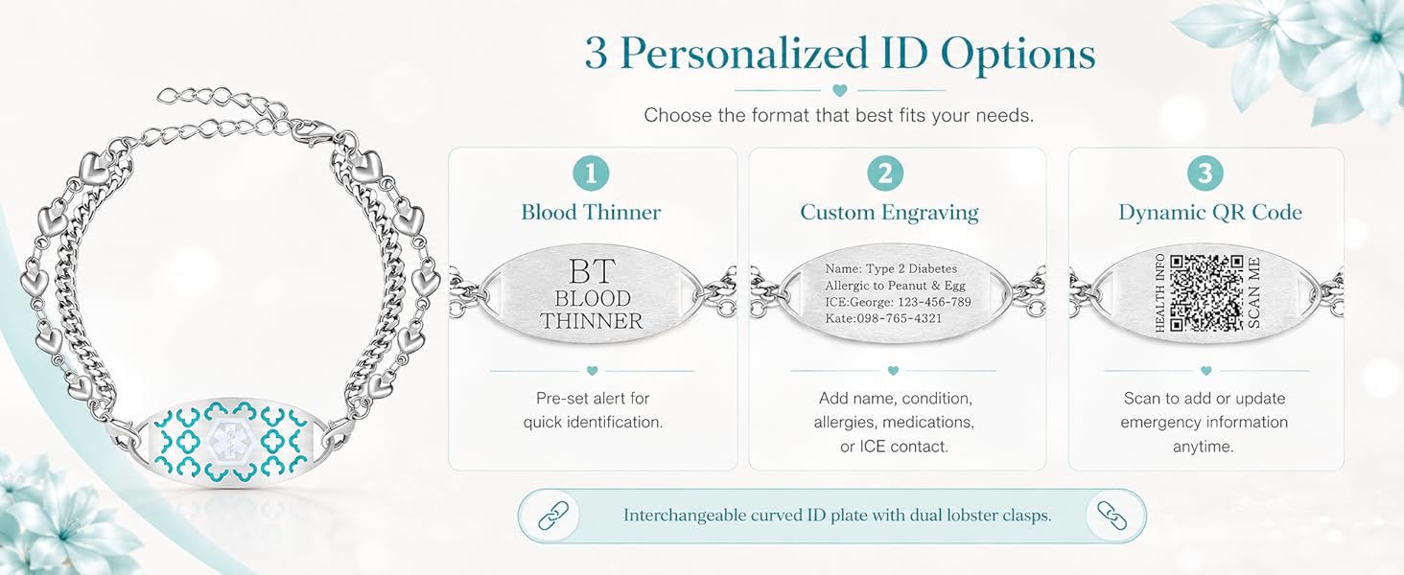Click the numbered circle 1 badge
click(591, 172)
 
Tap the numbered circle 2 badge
click(885, 172)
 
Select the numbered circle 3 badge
click(1205, 172)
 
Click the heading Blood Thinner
click(591, 213)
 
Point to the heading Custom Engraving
click(889, 213)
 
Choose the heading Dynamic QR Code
click(1210, 213)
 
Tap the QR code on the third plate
click(1206, 292)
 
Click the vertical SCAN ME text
click(1253, 292)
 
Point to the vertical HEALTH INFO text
click(1159, 292)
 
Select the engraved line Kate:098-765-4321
click(882, 318)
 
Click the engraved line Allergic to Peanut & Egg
click(895, 286)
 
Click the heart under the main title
click(840, 90)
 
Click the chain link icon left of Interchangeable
click(553, 517)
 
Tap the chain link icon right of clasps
click(1111, 517)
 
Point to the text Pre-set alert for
click(593, 399)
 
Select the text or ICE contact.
click(894, 447)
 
